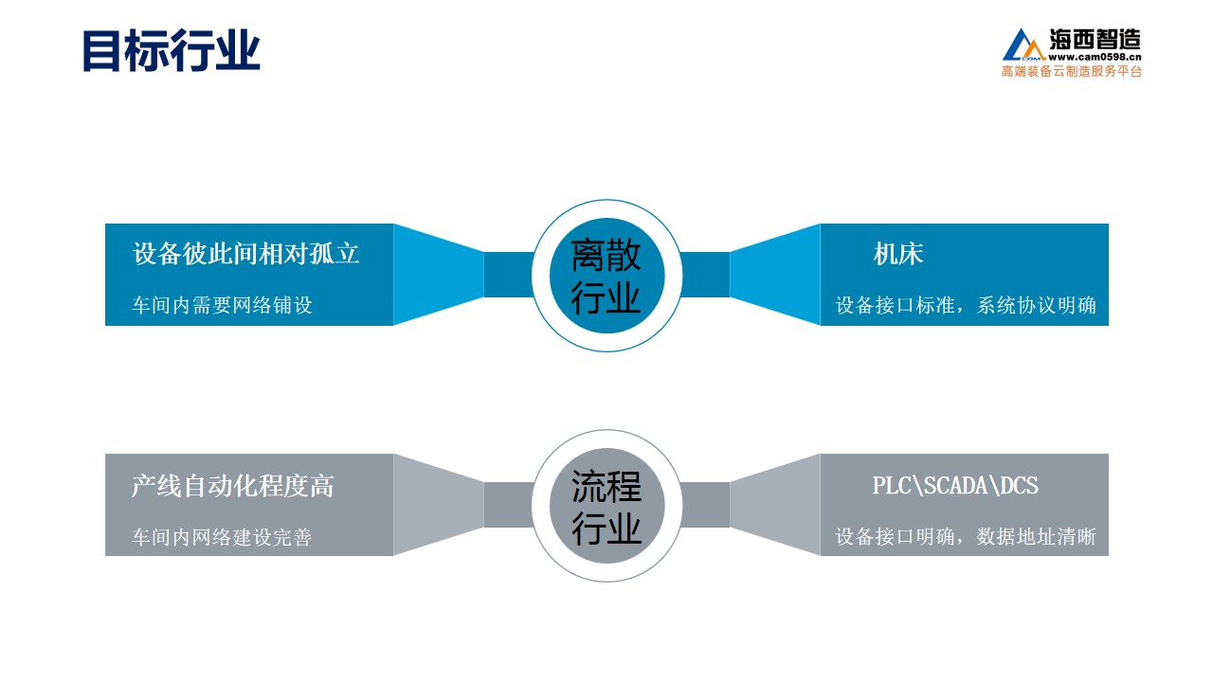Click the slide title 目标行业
pos(172,50)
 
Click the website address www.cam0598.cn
pos(1095,57)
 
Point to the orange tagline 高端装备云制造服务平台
pos(1071,71)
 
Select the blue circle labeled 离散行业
pos(606,276)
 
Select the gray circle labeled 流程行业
pos(606,506)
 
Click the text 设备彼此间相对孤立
pos(245,253)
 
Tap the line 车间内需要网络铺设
pos(222,305)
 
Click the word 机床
pos(897,253)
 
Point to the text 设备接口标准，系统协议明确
pos(966,305)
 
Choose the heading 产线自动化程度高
pos(233,486)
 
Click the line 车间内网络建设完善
pos(222,537)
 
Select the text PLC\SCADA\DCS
pos(955,485)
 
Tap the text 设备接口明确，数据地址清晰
pos(966,536)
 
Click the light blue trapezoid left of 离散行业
pos(438,275)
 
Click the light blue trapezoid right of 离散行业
pos(775,275)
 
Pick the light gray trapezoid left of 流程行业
pos(438,505)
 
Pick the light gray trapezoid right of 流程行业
pos(775,505)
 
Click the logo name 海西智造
pos(1095,40)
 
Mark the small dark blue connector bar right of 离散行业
pos(705,275)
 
